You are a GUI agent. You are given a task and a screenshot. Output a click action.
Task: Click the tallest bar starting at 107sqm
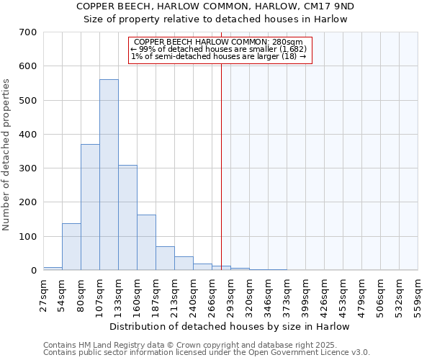[x=109, y=175]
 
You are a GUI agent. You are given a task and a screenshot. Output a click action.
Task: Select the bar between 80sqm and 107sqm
[x=90, y=207]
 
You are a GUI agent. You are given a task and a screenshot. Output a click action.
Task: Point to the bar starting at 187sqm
[x=165, y=258]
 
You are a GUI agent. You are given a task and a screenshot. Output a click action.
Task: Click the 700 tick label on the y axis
[x=28, y=32]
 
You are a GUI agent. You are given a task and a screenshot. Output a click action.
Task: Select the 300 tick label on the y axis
[x=28, y=168]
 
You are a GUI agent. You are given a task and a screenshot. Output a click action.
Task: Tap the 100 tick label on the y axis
[x=28, y=237]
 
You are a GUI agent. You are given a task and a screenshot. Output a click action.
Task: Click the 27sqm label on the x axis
[x=44, y=291]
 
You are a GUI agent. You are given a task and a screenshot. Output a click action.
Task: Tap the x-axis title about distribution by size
[x=230, y=326]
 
